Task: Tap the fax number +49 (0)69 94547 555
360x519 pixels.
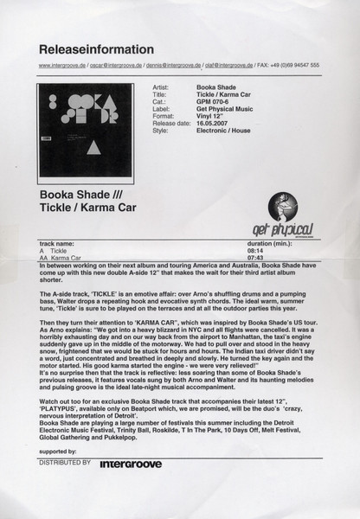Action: pyautogui.click(x=294, y=66)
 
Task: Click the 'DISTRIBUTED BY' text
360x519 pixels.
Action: pyautogui.click(x=65, y=464)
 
